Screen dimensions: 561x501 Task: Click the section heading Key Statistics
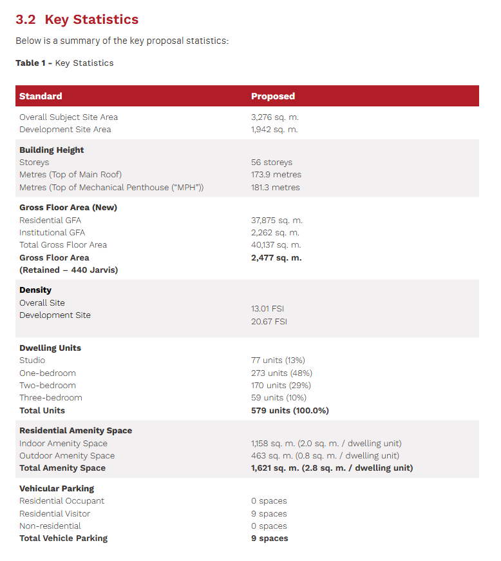pos(77,19)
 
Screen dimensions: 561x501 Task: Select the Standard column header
pos(41,96)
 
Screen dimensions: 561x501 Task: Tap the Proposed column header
pos(272,96)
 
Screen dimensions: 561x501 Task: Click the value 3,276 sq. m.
pos(274,117)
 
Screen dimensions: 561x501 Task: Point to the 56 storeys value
pos(271,162)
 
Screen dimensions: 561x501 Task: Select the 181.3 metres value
pos(275,188)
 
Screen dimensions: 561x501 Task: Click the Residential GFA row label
pos(50,221)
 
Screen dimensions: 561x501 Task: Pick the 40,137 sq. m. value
pos(276,245)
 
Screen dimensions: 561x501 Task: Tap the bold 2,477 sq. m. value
pos(276,258)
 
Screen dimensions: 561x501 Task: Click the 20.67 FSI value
pos(269,321)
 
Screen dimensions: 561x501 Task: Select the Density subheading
pos(35,290)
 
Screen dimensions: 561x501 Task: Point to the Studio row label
pos(32,360)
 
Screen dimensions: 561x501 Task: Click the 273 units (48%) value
pos(279,373)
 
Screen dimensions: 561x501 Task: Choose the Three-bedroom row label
pos(51,398)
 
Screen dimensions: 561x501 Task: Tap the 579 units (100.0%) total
pos(290,411)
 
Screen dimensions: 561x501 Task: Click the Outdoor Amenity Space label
pos(67,456)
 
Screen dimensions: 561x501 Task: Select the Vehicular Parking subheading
pos(57,489)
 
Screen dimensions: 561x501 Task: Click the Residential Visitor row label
pos(55,514)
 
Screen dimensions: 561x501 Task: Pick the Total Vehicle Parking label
pos(63,538)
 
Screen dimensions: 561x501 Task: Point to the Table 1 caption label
pos(64,63)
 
